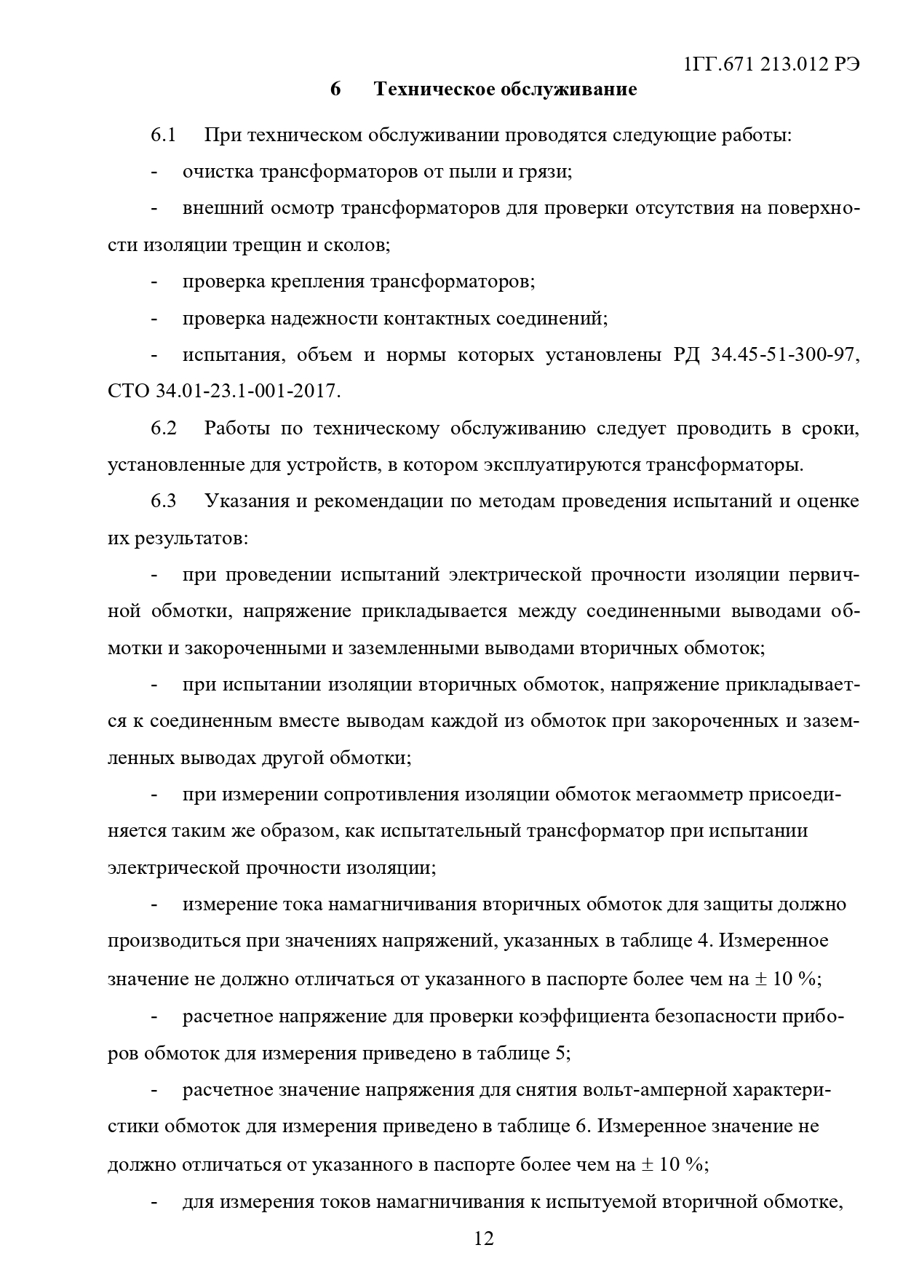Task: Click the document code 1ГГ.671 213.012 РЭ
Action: click(x=772, y=64)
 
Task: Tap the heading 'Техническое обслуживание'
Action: click(x=505, y=89)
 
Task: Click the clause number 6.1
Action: click(x=164, y=135)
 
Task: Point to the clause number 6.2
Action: click(x=164, y=429)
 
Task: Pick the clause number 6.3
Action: click(x=164, y=501)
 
